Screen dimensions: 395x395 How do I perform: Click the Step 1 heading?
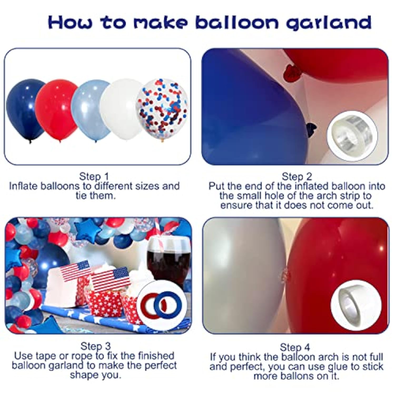[x=94, y=176]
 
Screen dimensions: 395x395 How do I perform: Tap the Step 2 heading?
[x=297, y=176]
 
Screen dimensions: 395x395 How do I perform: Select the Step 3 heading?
[x=95, y=346]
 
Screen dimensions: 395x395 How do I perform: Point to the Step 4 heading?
[x=295, y=347]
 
